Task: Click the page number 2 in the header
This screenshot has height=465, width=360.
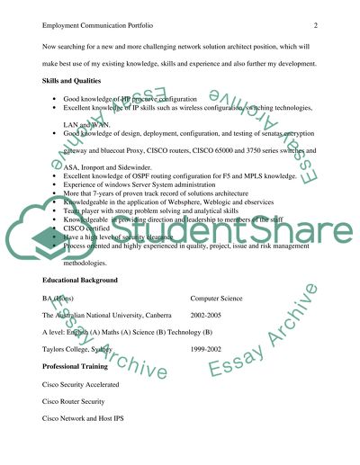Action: [317, 27]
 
